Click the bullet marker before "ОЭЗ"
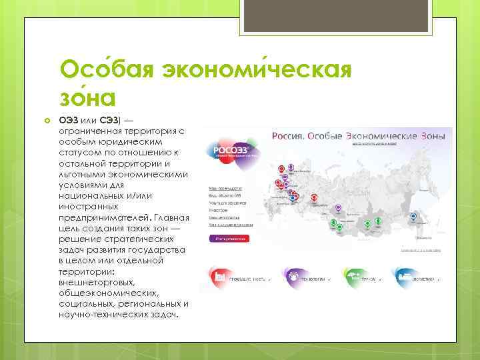pyautogui.click(x=47, y=119)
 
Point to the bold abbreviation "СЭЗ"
pyautogui.click(x=109, y=119)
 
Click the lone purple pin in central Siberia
pyautogui.click(x=338, y=209)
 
